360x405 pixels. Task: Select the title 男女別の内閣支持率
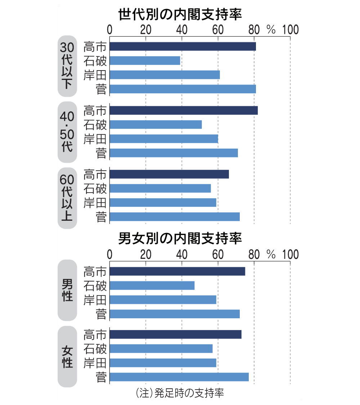point(180,238)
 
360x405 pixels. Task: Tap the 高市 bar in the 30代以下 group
point(183,46)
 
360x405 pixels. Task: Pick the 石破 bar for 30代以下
point(145,60)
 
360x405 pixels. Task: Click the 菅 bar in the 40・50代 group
point(174,153)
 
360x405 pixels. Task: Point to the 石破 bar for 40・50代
point(156,125)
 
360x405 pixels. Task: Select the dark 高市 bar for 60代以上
point(169,174)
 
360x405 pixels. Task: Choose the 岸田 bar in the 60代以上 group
point(163,202)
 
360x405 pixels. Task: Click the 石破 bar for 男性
point(152,285)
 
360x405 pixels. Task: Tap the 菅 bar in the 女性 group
point(179,377)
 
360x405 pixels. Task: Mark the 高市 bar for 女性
point(175,334)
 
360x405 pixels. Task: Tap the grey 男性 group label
point(67,290)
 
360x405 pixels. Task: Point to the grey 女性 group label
point(67,356)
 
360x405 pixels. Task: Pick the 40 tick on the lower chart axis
point(181,255)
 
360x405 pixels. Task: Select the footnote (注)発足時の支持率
point(180,393)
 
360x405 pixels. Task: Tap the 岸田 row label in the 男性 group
point(95,300)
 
